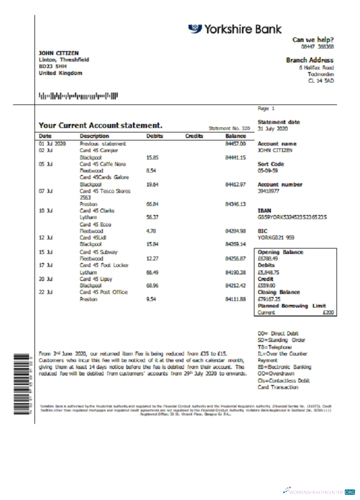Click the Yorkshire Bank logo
tap(234, 29)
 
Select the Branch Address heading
tap(309, 60)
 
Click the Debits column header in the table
tap(154, 136)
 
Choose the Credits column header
tap(193, 136)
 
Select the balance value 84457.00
tap(235, 143)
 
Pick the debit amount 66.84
tap(152, 204)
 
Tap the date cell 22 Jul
tap(46, 292)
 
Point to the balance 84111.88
tap(235, 299)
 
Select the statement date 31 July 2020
tap(273, 129)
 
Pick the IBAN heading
tap(264, 211)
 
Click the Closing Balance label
tap(278, 292)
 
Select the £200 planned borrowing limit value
tap(329, 312)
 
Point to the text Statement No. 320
tap(229, 128)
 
